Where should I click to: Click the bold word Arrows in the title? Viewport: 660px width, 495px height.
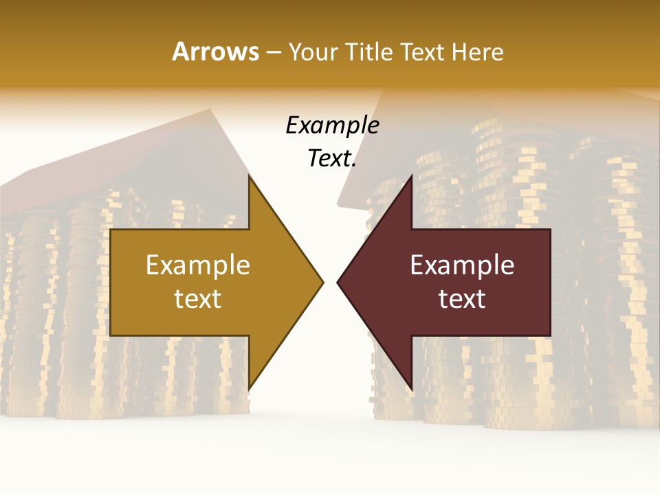pos(215,52)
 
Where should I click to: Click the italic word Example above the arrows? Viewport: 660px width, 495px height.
pos(332,126)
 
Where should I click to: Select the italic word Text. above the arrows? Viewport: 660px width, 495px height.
pos(332,159)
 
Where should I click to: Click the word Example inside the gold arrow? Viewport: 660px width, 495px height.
pos(198,265)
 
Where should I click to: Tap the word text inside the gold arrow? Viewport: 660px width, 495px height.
pos(198,298)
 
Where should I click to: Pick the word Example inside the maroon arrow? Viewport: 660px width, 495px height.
pos(462,265)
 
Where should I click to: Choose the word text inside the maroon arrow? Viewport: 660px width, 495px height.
pos(462,298)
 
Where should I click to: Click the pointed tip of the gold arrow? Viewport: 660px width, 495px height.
pos(322,282)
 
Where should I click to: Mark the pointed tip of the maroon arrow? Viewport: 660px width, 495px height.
pos(338,282)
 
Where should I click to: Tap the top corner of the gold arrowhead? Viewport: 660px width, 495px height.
pos(249,177)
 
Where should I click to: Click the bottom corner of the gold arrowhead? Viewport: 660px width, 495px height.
pos(249,388)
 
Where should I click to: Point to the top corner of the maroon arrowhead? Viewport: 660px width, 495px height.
pos(411,177)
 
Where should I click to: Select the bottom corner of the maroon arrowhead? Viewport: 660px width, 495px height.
pos(411,388)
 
